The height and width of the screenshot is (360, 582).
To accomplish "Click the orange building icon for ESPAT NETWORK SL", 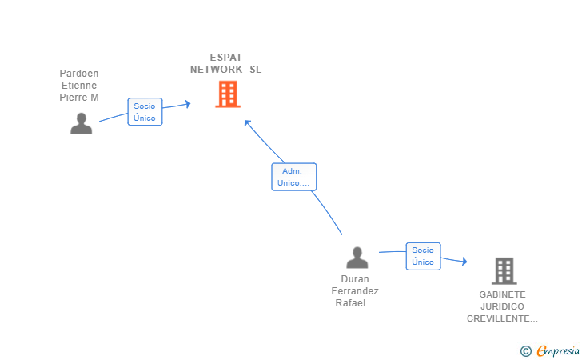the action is (228, 94).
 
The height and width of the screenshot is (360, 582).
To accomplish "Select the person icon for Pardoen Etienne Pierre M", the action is (82, 123).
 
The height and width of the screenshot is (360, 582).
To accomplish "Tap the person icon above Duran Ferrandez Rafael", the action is (357, 258).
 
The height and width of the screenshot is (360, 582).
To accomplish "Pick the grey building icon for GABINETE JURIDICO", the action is (504, 271).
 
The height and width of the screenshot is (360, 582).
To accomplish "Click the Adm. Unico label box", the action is (294, 177).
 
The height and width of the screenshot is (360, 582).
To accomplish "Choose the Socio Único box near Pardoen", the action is (145, 112).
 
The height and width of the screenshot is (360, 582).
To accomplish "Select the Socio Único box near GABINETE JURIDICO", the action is (423, 256).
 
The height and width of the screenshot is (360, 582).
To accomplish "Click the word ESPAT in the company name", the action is (226, 58).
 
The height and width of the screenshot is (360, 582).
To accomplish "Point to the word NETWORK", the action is (217, 70).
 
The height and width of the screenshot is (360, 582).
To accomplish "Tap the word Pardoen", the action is (79, 73).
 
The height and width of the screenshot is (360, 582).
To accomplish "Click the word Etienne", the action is (79, 86).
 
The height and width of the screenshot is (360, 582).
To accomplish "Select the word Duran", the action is (355, 279).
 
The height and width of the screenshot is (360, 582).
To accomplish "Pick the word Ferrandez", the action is (355, 291).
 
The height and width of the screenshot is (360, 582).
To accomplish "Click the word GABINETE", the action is (503, 294).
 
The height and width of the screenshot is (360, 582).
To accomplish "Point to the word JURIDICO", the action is (503, 306).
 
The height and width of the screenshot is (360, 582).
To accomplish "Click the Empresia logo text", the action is (558, 351).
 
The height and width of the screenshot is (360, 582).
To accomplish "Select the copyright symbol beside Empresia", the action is (526, 351).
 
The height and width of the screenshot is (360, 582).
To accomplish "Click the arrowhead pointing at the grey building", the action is (464, 262).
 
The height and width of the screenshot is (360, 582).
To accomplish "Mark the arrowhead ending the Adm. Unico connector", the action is (247, 123).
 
